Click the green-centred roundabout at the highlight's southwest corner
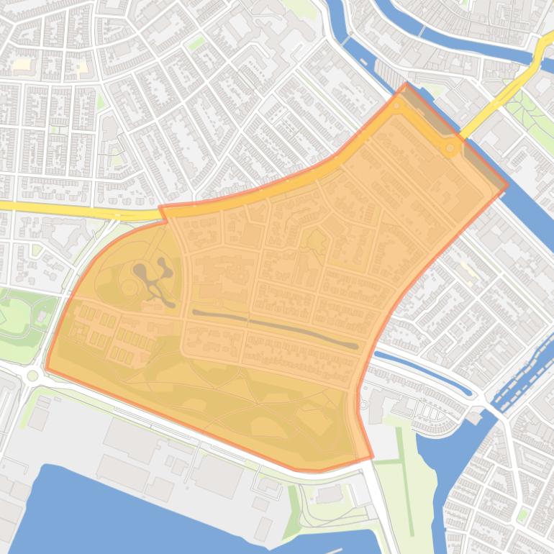click(x=32, y=376)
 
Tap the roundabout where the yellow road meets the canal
click(x=450, y=148)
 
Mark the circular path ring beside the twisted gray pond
click(x=129, y=288)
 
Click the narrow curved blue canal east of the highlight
click(x=424, y=373)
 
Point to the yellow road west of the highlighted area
click(x=72, y=209)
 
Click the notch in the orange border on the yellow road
click(x=163, y=212)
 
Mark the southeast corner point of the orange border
click(x=371, y=456)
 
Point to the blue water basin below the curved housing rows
click(x=439, y=460)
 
